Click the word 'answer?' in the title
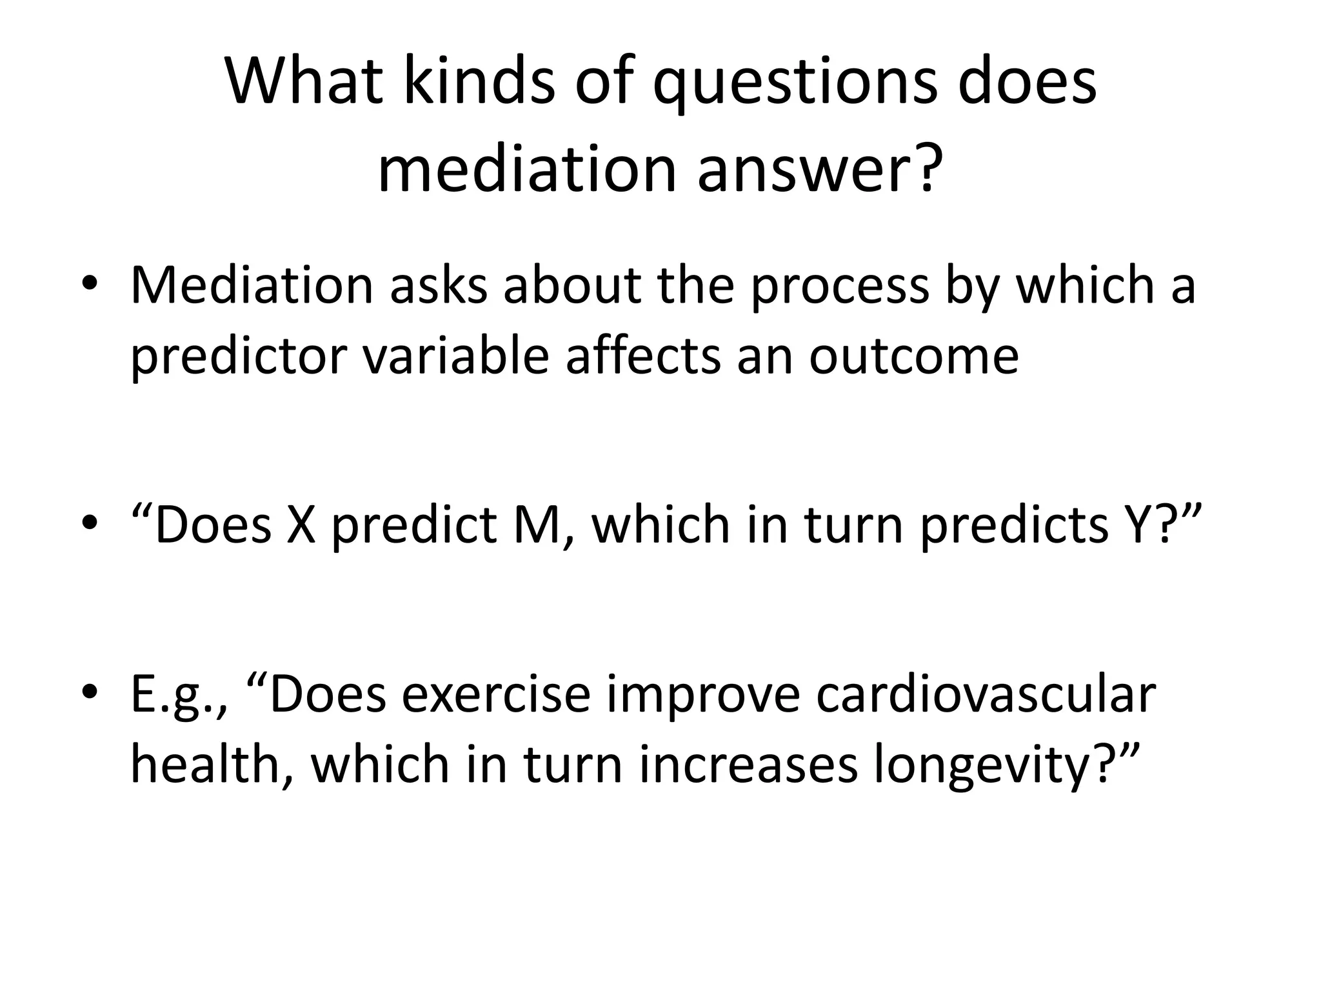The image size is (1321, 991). (x=816, y=169)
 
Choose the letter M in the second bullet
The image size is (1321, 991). (x=541, y=525)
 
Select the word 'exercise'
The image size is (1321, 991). (x=497, y=694)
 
